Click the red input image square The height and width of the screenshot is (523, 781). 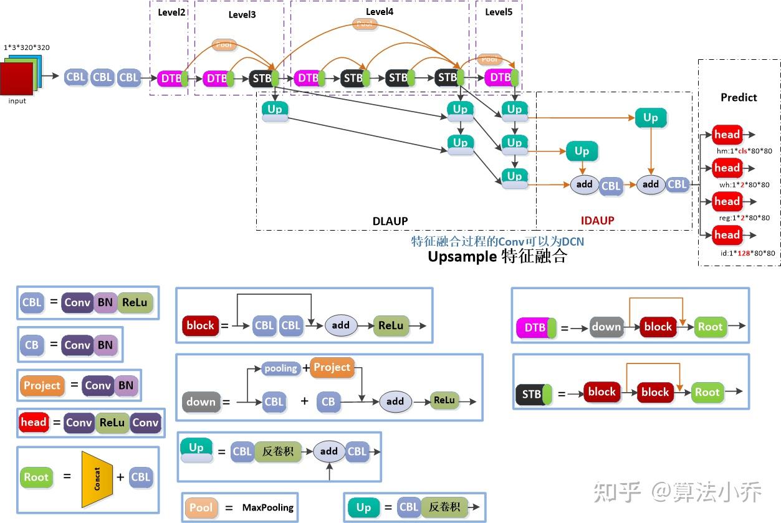[x=16, y=79]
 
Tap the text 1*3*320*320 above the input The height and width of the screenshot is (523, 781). [x=26, y=47]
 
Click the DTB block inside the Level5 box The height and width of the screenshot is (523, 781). [x=500, y=78]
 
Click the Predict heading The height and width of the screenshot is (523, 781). [x=739, y=97]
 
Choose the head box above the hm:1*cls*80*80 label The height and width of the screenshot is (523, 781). [x=727, y=135]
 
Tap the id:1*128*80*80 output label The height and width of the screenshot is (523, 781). [x=744, y=253]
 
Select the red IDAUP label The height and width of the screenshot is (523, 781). [x=597, y=220]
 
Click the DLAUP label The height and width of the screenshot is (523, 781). [x=390, y=221]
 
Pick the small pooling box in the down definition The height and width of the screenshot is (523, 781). [x=280, y=368]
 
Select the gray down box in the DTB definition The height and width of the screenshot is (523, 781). [x=606, y=327]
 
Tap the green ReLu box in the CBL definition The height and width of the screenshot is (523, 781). [x=135, y=303]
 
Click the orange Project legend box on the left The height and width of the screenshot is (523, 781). [x=42, y=385]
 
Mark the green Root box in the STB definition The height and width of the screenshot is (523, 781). [x=707, y=392]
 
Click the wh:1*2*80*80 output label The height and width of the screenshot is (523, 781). [x=744, y=185]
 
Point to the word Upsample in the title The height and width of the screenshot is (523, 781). [x=462, y=256]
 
